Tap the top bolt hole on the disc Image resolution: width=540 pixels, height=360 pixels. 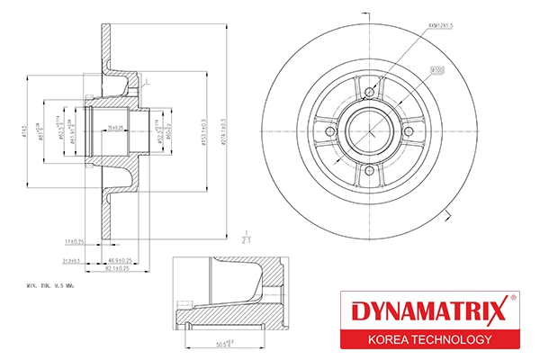click(x=369, y=90)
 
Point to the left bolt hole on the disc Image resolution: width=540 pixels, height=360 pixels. click(x=329, y=132)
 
